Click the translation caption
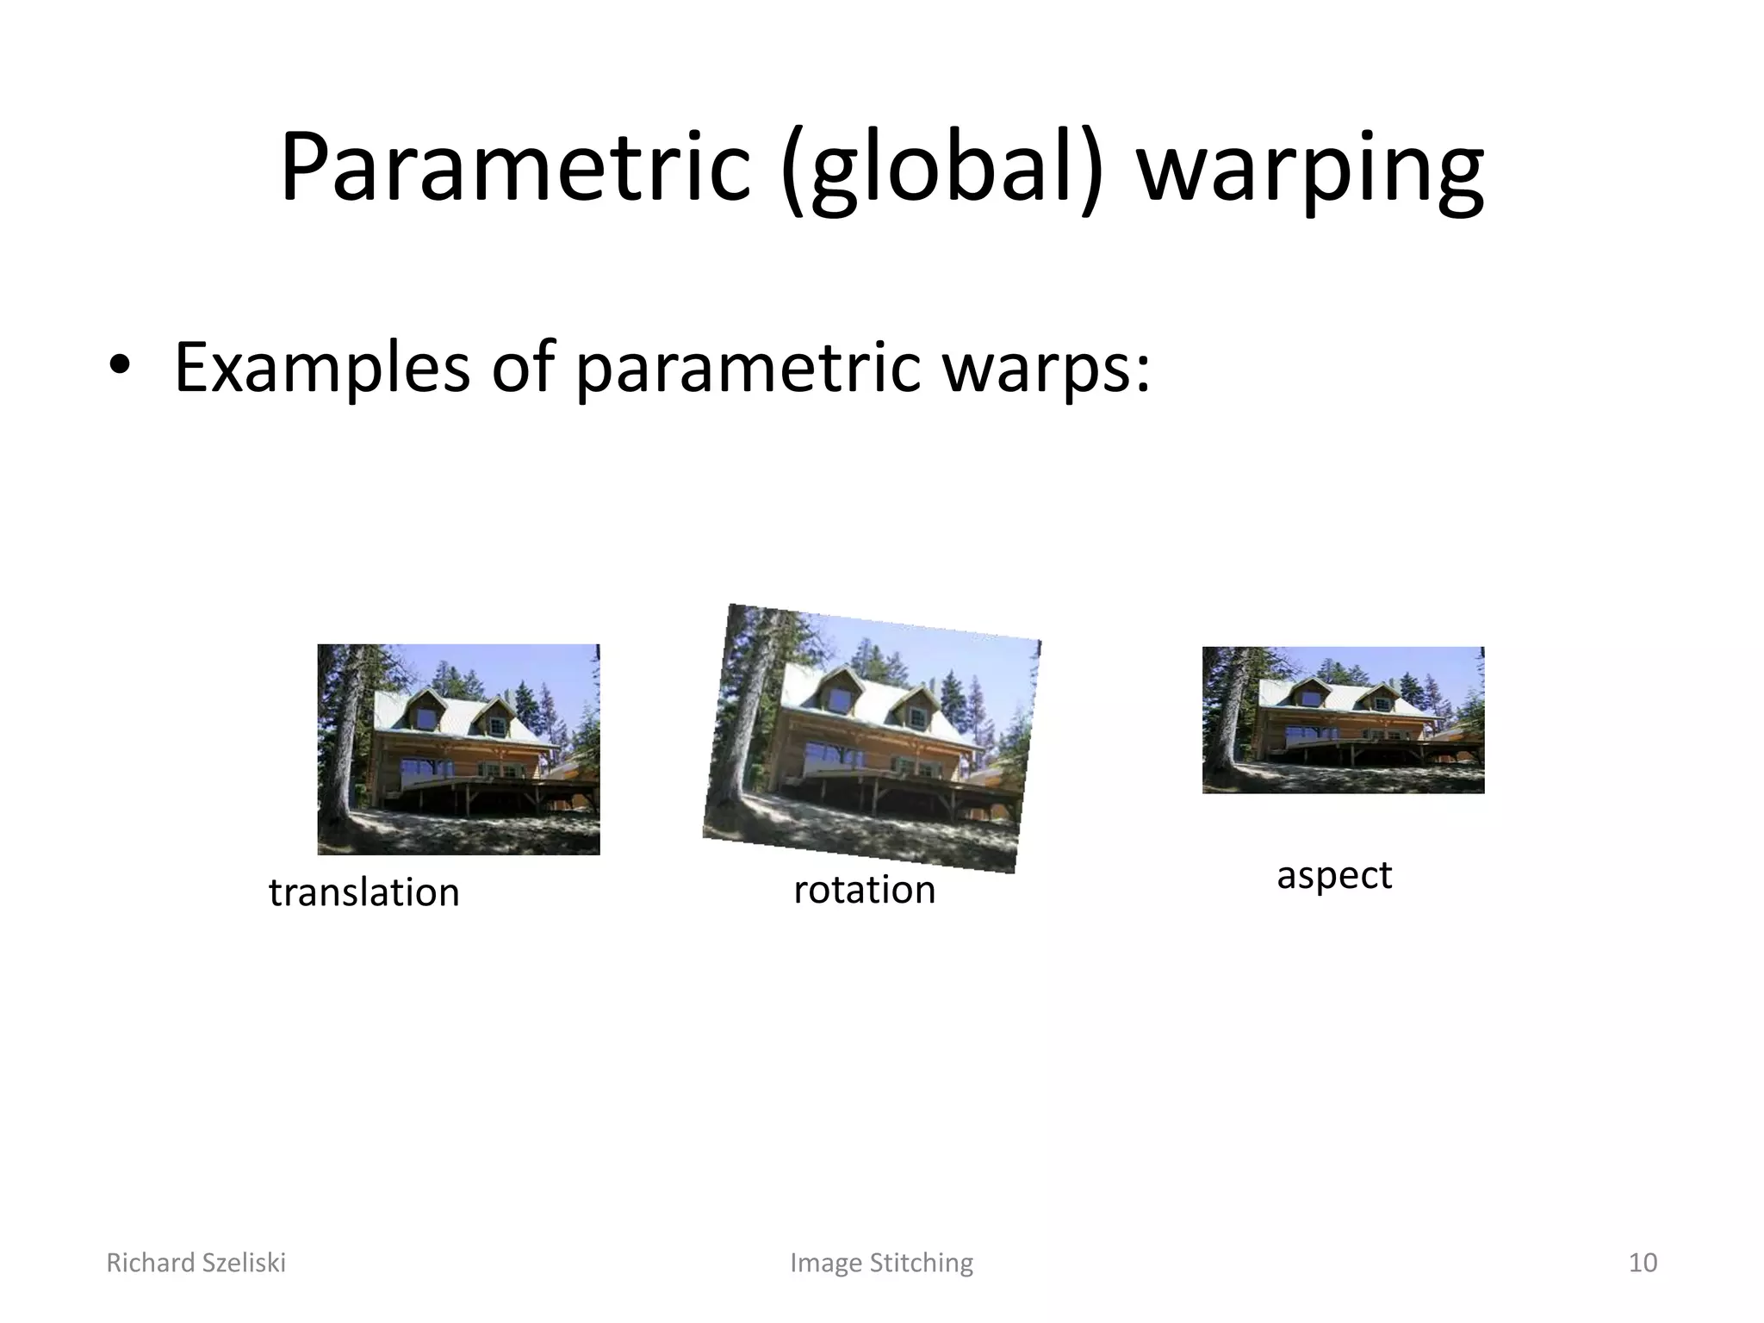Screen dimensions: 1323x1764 (363, 892)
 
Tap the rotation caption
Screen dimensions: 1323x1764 (864, 890)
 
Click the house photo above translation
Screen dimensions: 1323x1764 (458, 749)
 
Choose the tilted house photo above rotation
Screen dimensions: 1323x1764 (872, 738)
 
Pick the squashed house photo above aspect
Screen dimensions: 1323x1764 (1343, 720)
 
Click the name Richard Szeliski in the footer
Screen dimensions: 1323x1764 (196, 1263)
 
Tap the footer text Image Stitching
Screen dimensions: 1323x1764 (881, 1263)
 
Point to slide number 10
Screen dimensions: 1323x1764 (1643, 1263)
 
